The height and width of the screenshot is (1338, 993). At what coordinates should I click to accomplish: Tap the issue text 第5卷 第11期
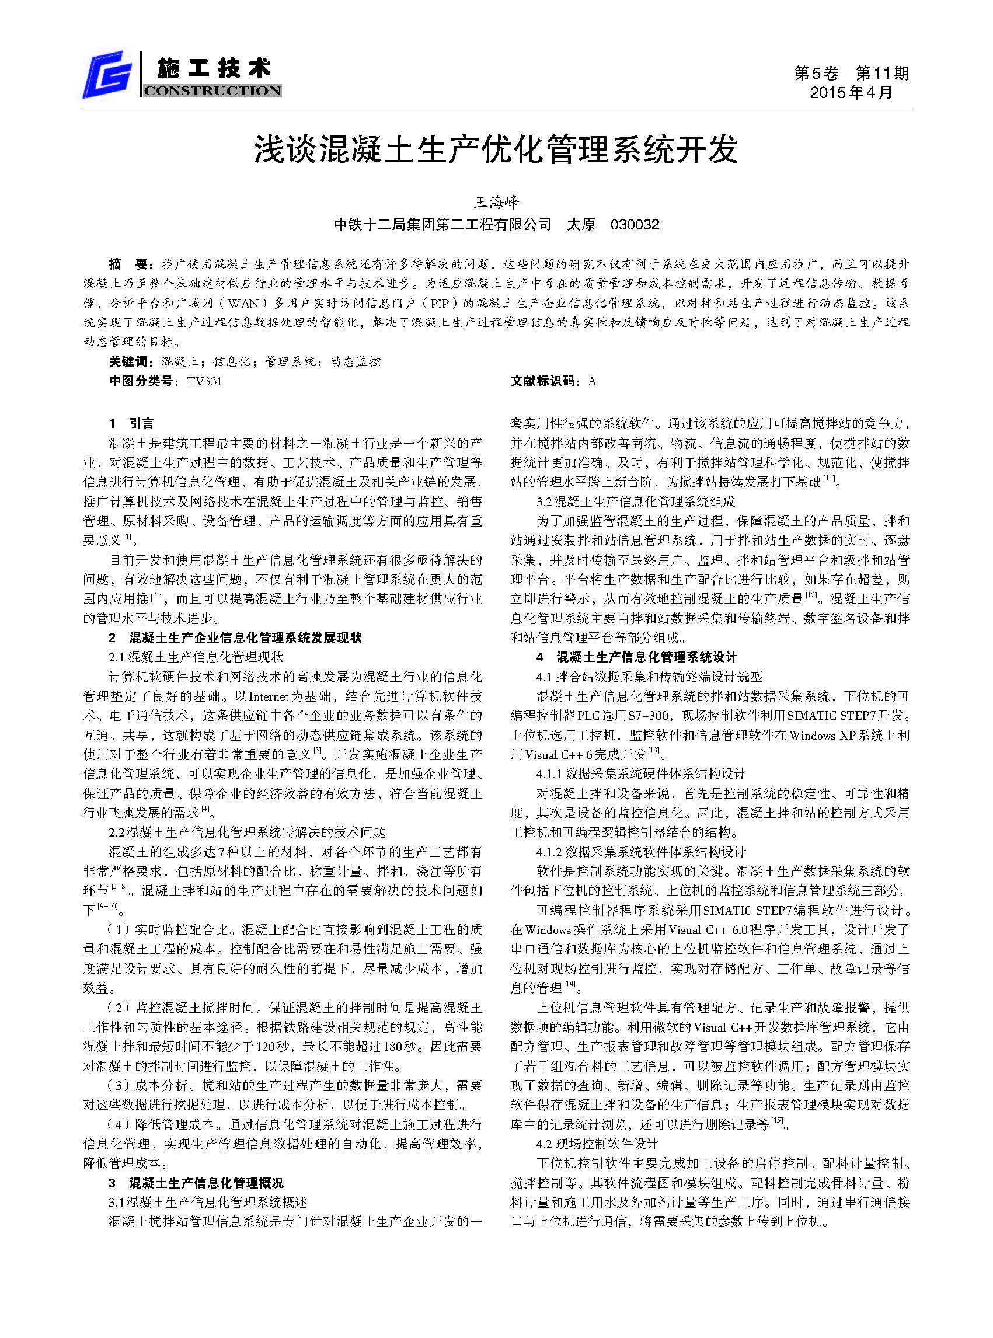pyautogui.click(x=851, y=74)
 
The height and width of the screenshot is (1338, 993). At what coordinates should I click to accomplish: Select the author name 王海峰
pyautogui.click(x=496, y=202)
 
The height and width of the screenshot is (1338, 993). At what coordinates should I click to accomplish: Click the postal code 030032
pyautogui.click(x=635, y=225)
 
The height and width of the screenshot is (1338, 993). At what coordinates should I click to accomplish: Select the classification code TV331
pyautogui.click(x=204, y=381)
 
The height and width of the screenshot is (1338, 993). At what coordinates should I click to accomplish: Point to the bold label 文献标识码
pyautogui.click(x=545, y=381)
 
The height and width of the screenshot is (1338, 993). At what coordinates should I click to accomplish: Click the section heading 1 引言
pyautogui.click(x=131, y=424)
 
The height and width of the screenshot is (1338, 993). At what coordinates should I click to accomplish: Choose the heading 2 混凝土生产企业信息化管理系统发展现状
pyautogui.click(x=235, y=637)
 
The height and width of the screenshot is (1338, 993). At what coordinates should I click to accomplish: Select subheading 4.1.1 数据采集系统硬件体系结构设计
pyautogui.click(x=641, y=773)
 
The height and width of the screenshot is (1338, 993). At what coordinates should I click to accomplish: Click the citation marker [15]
pyautogui.click(x=777, y=1121)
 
